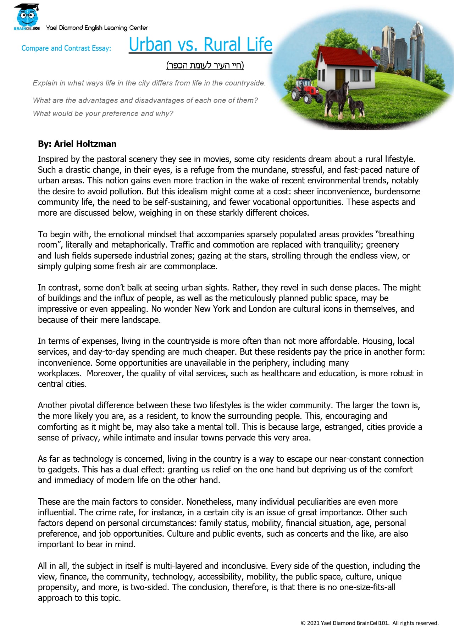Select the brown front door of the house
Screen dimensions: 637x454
click(340, 78)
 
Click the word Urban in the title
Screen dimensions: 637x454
click(150, 45)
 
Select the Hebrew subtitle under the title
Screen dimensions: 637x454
click(205, 65)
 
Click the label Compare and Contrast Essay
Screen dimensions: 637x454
click(66, 48)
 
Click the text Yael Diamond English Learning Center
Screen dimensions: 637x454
click(97, 28)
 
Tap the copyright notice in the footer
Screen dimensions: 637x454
click(370, 623)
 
